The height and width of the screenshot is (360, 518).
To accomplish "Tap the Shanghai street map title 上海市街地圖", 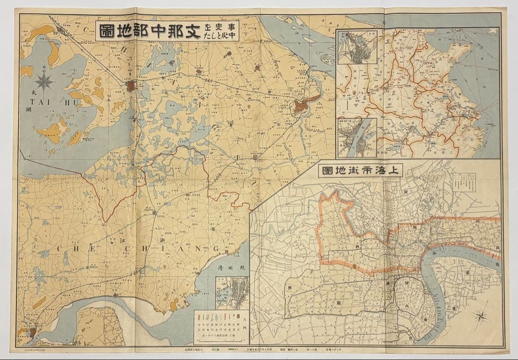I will [x=363, y=171].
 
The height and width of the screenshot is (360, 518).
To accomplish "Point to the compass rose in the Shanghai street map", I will [x=481, y=316].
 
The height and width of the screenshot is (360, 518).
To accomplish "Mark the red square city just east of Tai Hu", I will [x=130, y=87].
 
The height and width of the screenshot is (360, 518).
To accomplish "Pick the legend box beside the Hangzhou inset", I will [x=221, y=327].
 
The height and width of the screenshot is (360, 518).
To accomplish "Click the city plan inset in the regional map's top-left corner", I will [x=357, y=47].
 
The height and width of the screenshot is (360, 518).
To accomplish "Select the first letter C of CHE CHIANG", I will [x=61, y=249].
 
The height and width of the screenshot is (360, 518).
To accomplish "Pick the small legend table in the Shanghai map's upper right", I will [x=464, y=183].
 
